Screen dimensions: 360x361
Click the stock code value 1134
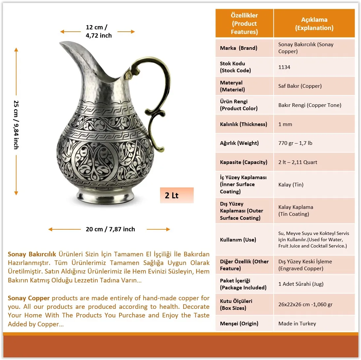(x=284, y=67)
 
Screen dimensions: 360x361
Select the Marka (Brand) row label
(x=238, y=48)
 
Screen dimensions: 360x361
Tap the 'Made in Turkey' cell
(x=297, y=323)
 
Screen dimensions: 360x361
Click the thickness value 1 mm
(x=285, y=124)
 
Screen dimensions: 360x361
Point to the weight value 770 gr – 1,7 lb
(x=295, y=143)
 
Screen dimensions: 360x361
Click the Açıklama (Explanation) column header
(x=314, y=23)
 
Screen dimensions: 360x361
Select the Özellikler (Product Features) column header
(x=244, y=23)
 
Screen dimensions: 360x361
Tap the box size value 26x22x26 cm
(x=305, y=304)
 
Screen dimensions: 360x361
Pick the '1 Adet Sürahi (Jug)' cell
(x=301, y=284)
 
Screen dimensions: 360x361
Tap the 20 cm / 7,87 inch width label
(x=110, y=229)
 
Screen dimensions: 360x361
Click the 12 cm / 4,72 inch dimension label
(x=98, y=31)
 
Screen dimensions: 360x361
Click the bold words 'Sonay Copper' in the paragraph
(x=29, y=298)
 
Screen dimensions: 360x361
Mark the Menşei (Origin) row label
(x=239, y=323)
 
